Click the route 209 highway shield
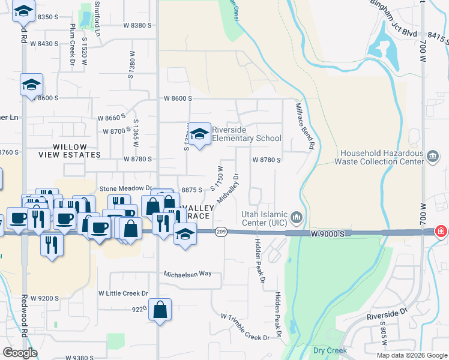pyautogui.click(x=221, y=232)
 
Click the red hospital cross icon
pyautogui.click(x=441, y=231)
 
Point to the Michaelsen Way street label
pyautogui.click(x=188, y=274)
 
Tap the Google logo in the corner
pyautogui.click(x=20, y=353)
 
